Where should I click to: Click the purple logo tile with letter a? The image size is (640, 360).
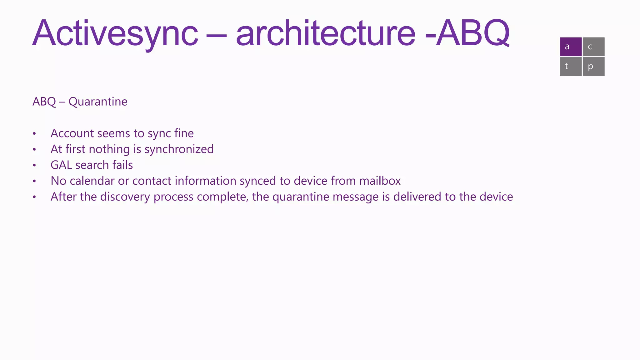[x=570, y=47]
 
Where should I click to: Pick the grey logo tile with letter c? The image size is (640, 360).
[x=593, y=47]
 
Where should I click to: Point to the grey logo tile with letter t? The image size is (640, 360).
[x=570, y=67]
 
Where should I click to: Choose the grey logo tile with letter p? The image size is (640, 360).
[x=593, y=67]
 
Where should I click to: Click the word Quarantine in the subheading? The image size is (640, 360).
[x=98, y=102]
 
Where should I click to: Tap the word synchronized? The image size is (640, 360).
[x=179, y=149]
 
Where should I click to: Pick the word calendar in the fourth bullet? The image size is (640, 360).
[x=92, y=181]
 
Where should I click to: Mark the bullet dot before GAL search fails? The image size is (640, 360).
[x=34, y=165]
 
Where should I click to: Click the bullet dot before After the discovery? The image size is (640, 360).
[x=34, y=197]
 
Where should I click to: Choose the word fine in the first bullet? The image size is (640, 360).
[x=184, y=133]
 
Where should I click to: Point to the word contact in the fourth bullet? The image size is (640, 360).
[x=152, y=181]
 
